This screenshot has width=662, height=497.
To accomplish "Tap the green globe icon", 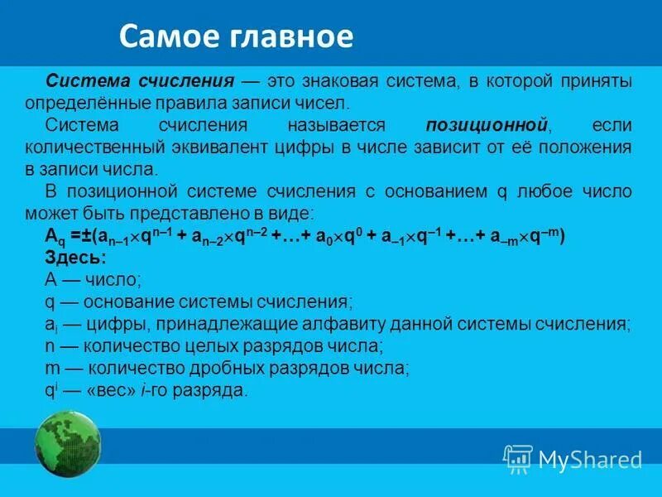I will click(68, 446).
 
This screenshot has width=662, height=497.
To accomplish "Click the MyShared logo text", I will click(590, 458).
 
